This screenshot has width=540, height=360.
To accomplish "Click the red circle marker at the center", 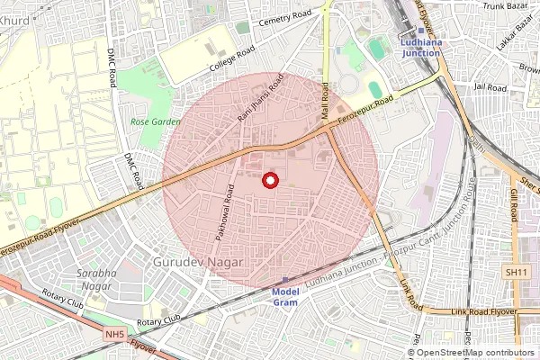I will coord(268,181).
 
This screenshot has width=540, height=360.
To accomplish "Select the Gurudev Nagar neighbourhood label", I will coord(199,260).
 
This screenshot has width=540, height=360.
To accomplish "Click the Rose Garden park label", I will coord(155,121).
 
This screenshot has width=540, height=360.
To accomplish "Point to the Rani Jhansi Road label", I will coord(260,100).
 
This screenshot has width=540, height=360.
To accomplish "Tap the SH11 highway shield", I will coord(515,272).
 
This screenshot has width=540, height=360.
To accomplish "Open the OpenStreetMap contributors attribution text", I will coord(475,353).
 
